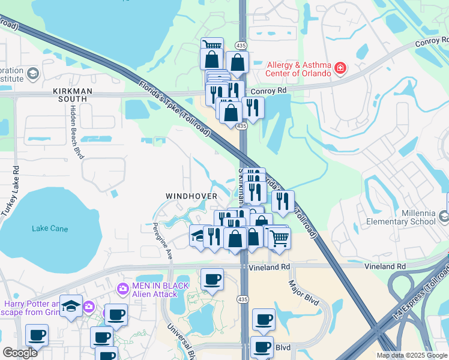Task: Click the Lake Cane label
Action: pyautogui.click(x=50, y=229)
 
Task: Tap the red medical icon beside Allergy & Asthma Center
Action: pyautogui.click(x=340, y=68)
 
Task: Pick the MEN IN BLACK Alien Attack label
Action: pyautogui.click(x=155, y=290)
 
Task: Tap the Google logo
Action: pyautogui.click(x=20, y=352)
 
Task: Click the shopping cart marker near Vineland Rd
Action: pyautogui.click(x=279, y=238)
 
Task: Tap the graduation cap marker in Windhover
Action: pyautogui.click(x=198, y=235)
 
